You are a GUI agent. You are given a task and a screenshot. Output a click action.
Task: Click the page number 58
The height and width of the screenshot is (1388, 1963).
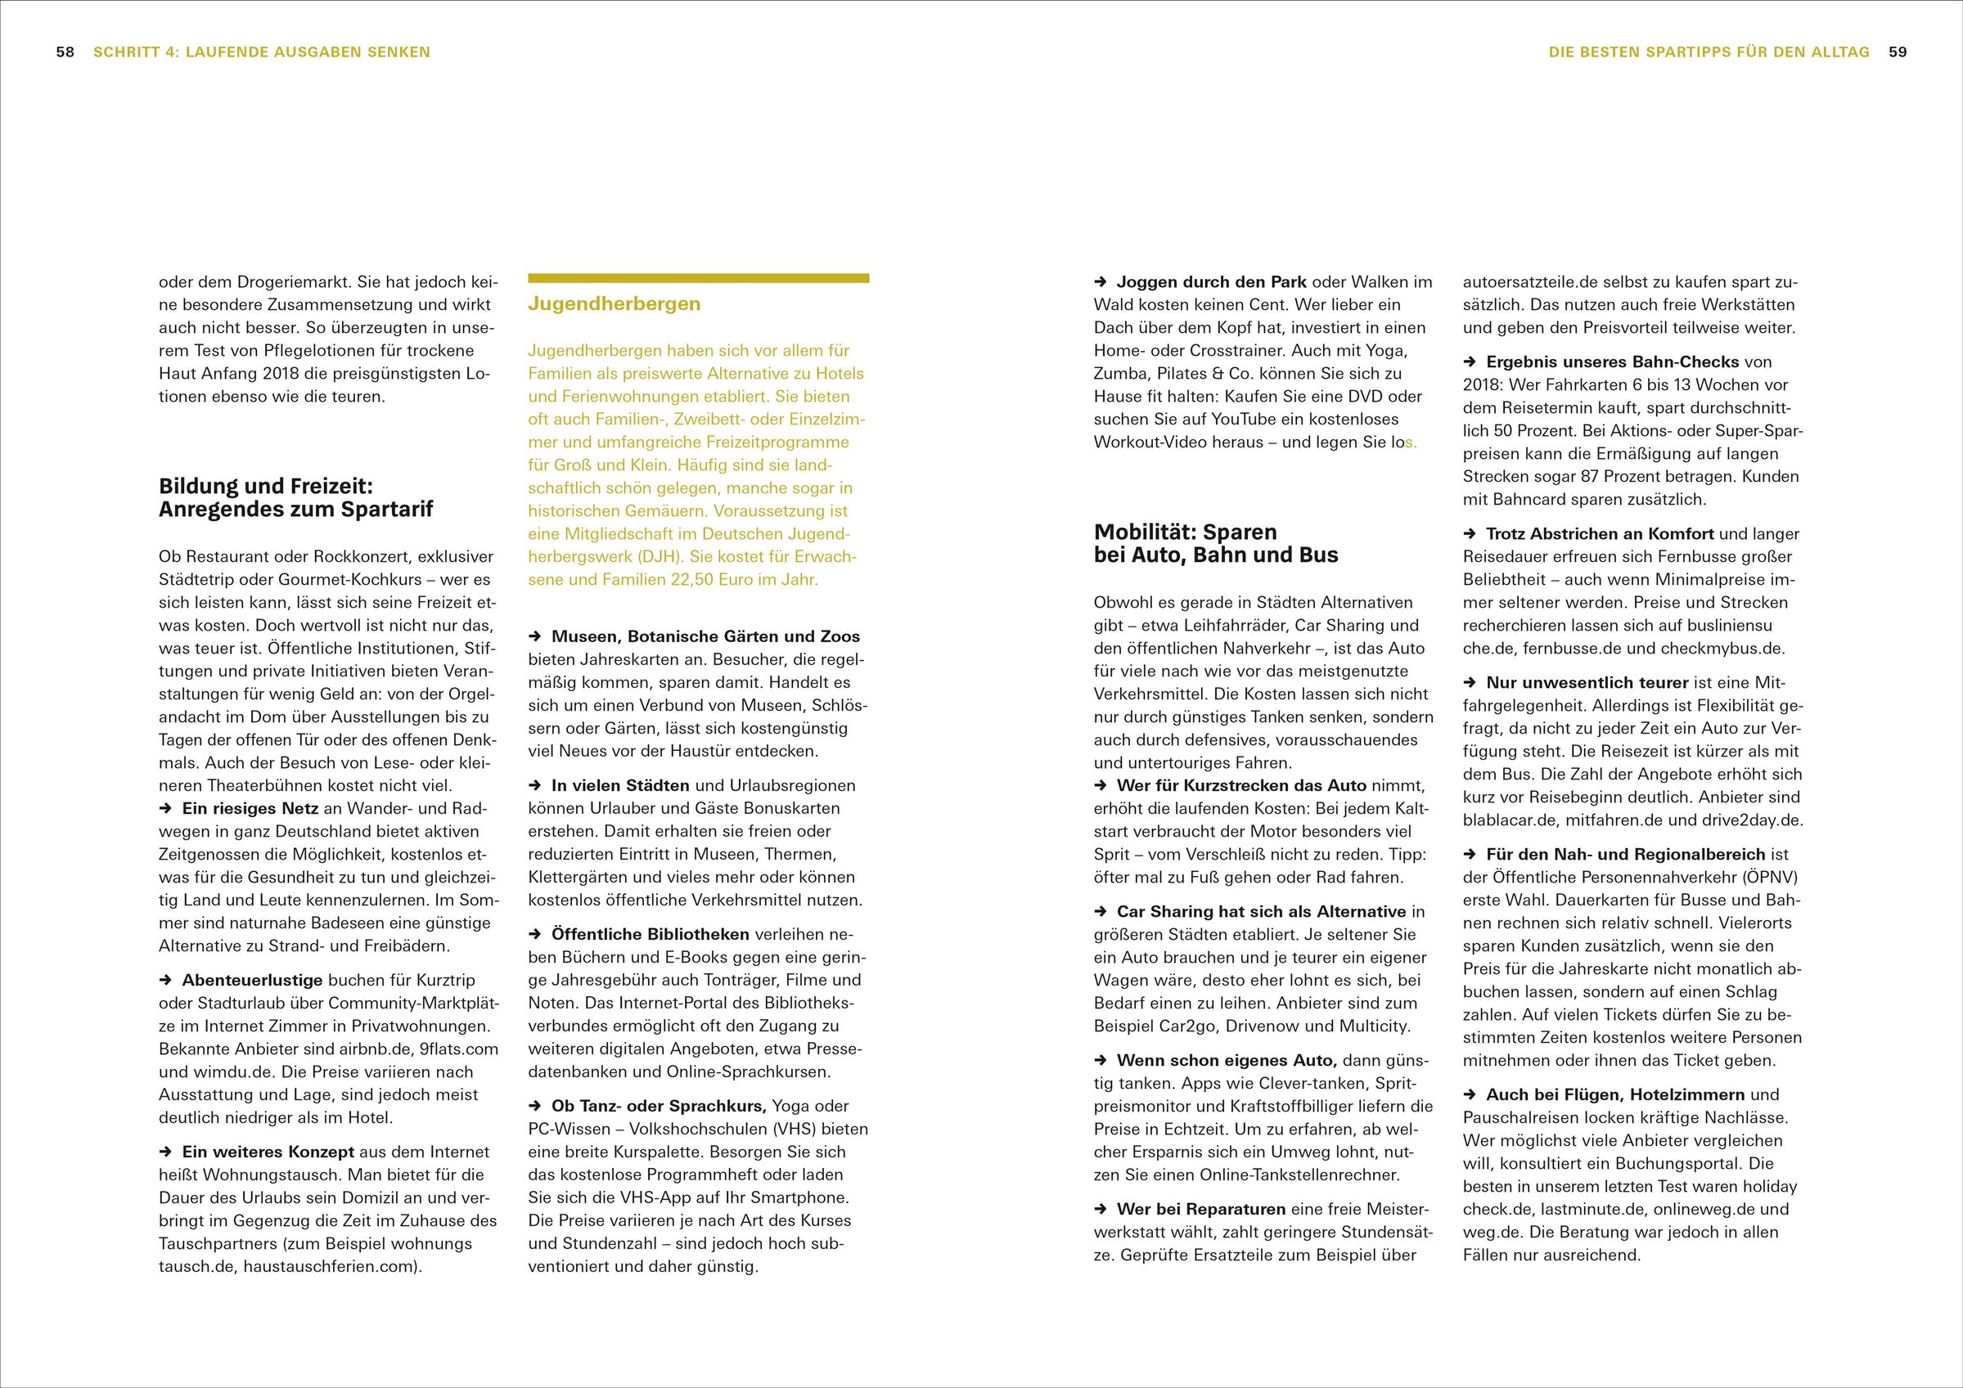pyautogui.click(x=65, y=52)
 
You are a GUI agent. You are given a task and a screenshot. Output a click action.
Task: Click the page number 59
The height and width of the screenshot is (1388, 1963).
pyautogui.click(x=1898, y=52)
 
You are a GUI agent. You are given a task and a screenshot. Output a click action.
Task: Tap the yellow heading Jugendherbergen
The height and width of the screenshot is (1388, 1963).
pyautogui.click(x=614, y=304)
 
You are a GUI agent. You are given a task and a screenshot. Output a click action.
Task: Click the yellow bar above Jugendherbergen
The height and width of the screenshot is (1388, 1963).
pyautogui.click(x=699, y=278)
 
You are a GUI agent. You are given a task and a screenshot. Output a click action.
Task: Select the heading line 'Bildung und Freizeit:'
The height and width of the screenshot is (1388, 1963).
pyautogui.click(x=266, y=487)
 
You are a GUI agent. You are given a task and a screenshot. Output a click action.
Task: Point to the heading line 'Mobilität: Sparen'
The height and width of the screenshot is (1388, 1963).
pyautogui.click(x=1185, y=532)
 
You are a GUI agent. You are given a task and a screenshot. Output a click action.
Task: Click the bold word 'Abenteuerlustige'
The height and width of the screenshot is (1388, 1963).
pyautogui.click(x=252, y=981)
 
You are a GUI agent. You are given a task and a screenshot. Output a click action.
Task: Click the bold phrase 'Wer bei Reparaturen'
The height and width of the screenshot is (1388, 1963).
pyautogui.click(x=1201, y=1210)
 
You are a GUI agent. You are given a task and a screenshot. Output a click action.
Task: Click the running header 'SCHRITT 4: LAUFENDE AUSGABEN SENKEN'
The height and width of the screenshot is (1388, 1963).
pyautogui.click(x=262, y=52)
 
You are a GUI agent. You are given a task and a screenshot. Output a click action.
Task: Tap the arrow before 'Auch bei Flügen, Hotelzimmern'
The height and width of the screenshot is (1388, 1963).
pyautogui.click(x=1470, y=1095)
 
